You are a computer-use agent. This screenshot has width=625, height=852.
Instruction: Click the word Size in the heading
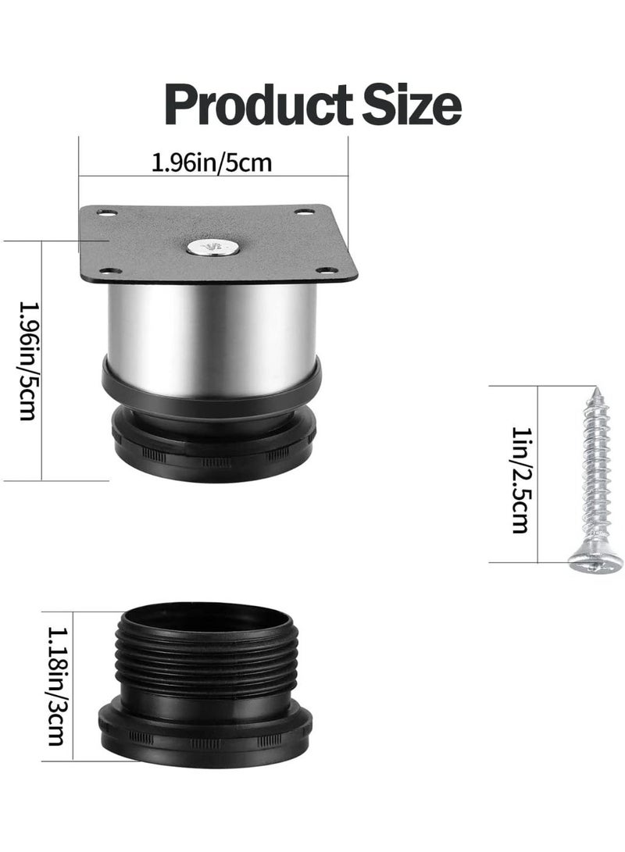412,104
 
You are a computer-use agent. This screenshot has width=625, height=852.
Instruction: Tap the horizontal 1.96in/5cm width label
212,162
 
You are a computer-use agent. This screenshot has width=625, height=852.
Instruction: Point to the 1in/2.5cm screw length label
520,479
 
